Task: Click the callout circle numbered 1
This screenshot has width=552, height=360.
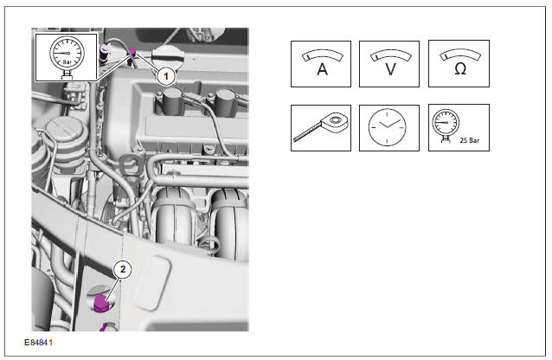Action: [x=166, y=76]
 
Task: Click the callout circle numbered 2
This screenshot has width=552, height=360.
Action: [x=123, y=269]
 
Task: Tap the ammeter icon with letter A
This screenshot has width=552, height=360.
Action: [x=321, y=64]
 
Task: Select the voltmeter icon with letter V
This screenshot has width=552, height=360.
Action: [x=389, y=64]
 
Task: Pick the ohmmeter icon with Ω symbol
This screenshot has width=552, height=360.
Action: [x=459, y=63]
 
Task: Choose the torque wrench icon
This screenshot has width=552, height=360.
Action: [x=321, y=127]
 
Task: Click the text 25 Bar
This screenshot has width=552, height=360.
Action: [x=470, y=140]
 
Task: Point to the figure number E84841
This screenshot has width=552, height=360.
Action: [x=38, y=343]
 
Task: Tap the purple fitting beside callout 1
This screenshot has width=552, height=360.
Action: [x=132, y=53]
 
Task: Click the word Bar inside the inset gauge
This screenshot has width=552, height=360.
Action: [x=67, y=62]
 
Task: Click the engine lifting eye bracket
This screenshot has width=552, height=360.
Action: [x=132, y=164]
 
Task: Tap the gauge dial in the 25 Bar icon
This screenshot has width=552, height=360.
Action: [x=446, y=122]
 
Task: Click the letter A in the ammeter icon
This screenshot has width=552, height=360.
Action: [x=322, y=68]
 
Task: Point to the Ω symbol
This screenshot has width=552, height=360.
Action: [x=460, y=68]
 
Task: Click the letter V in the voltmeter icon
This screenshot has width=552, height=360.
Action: [x=390, y=69]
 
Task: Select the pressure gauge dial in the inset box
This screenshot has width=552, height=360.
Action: [x=67, y=53]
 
